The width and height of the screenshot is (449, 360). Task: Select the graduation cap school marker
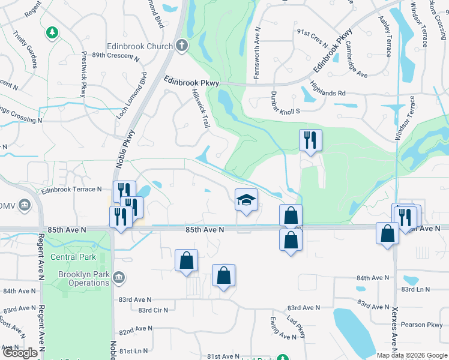tap(246, 199)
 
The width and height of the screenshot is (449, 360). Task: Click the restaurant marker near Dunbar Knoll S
tap(310, 140)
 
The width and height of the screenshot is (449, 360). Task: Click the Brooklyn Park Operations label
tap(83, 278)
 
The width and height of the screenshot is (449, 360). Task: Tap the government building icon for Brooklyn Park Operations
tap(119, 278)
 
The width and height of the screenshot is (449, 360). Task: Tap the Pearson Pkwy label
tap(423, 325)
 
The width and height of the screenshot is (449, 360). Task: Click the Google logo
tap(19, 352)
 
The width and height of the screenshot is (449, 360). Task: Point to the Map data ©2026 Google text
tap(411, 355)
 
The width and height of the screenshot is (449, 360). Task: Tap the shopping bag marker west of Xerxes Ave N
tap(387, 233)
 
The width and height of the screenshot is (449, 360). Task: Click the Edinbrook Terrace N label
tap(71, 190)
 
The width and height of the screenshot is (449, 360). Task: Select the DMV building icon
tap(25, 206)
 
